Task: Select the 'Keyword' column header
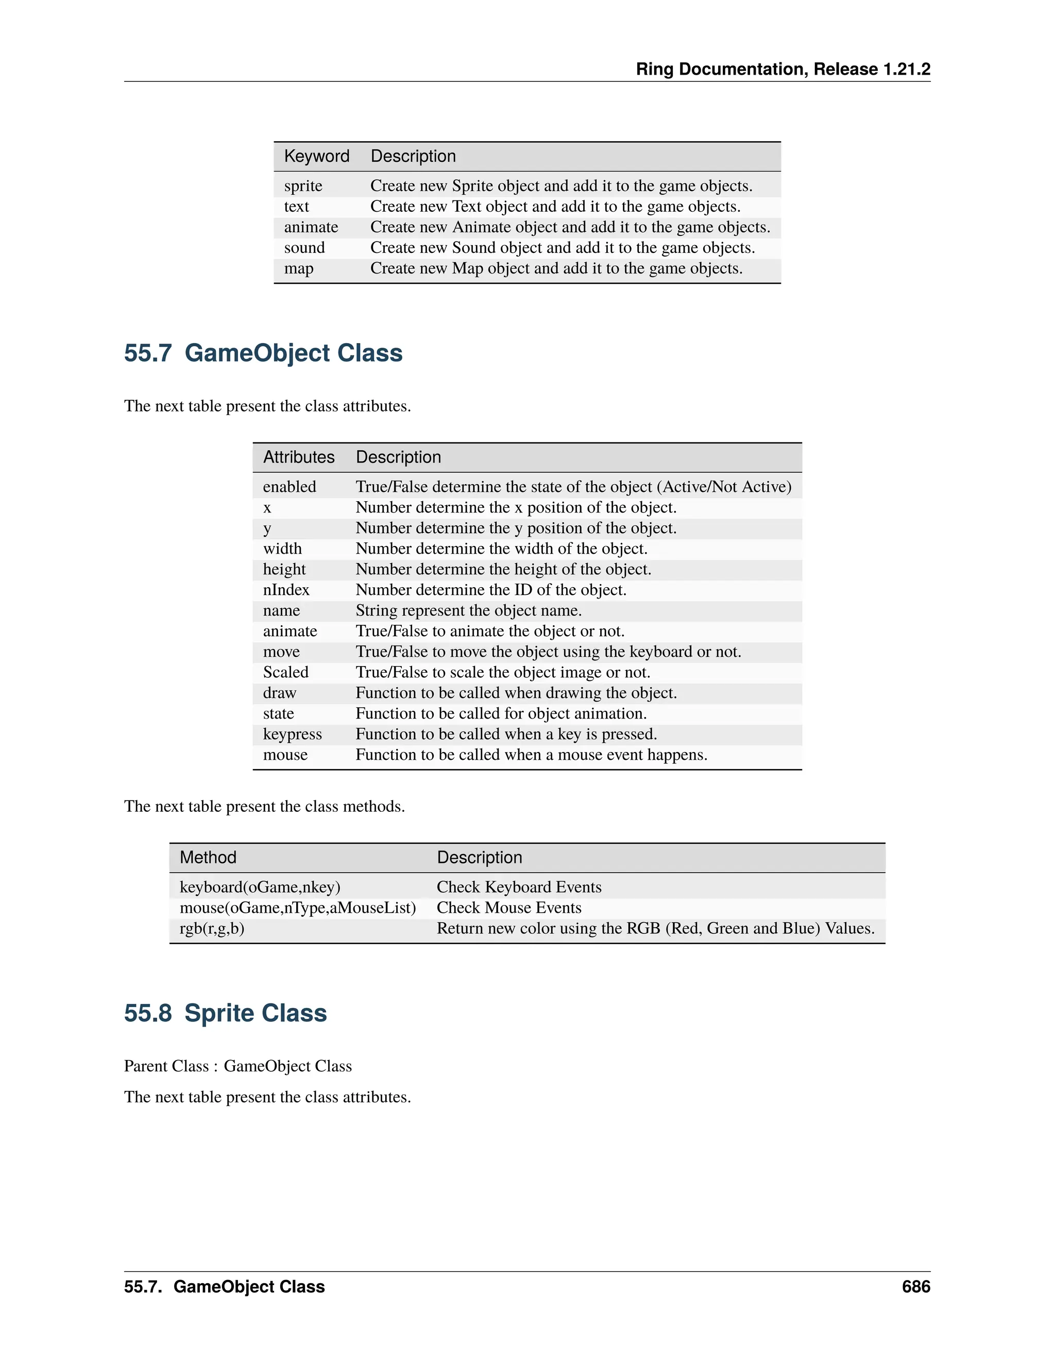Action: pos(316,156)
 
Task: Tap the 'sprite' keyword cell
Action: pos(303,186)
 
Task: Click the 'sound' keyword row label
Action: pos(304,248)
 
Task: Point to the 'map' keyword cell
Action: pos(299,269)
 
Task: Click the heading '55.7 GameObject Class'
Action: pos(263,353)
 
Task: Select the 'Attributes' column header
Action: pos(299,457)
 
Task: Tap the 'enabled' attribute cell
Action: pos(290,487)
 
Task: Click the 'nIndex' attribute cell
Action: pos(286,590)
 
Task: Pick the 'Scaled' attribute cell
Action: pos(285,673)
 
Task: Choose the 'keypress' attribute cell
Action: pos(293,735)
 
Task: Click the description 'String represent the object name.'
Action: pos(468,610)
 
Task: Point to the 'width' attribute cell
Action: pos(282,549)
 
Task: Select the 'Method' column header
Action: pos(208,858)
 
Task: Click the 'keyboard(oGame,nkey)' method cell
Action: pos(260,888)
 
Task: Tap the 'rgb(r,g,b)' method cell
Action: pos(212,929)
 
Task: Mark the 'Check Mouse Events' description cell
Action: pos(509,908)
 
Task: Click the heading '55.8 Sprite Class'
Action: pos(225,1013)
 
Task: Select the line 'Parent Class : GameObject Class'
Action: pos(237,1066)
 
